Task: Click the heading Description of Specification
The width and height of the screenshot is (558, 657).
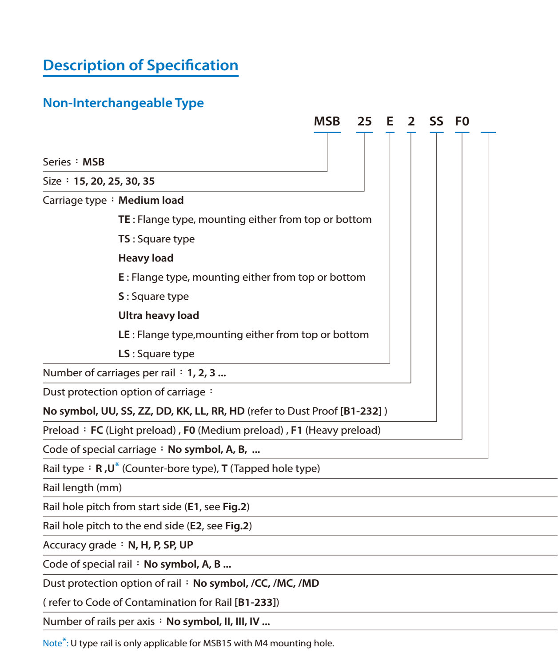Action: (x=140, y=65)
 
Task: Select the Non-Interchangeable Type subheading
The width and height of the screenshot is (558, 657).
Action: (x=123, y=103)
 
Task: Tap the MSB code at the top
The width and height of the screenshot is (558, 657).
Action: (x=327, y=121)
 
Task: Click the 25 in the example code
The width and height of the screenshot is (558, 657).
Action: (x=364, y=121)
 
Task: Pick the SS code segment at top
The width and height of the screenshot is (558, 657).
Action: (x=436, y=121)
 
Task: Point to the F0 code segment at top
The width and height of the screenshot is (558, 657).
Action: (x=462, y=121)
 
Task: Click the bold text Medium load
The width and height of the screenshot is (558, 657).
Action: (x=151, y=200)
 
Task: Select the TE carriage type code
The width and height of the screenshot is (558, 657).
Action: (x=124, y=219)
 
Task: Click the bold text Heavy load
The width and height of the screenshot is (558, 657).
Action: (x=146, y=258)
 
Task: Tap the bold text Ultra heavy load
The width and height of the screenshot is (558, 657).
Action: (x=159, y=315)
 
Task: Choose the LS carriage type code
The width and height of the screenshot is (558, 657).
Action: (x=124, y=354)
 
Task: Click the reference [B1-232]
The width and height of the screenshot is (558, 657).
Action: (x=361, y=411)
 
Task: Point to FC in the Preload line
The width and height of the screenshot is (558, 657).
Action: (x=96, y=430)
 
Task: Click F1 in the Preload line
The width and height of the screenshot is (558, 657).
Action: (x=296, y=430)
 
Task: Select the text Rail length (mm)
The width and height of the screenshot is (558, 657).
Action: (x=82, y=488)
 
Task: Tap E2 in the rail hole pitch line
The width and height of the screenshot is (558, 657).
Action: (x=195, y=526)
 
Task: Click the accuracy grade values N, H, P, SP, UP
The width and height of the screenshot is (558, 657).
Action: (x=160, y=545)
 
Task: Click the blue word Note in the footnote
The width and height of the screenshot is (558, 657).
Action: (x=52, y=643)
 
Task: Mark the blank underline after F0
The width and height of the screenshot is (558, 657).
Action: (x=488, y=132)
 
